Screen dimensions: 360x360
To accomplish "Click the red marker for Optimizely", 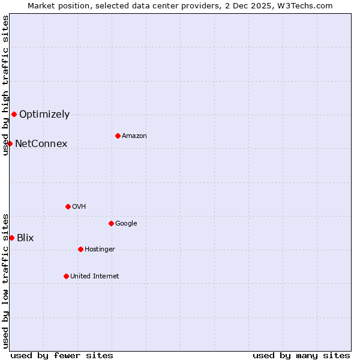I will tap(14, 114).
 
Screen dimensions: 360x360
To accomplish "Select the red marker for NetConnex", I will tap(10, 143).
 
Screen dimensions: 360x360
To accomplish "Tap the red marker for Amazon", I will tap(118, 136).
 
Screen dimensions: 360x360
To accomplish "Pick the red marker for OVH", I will tap(68, 206).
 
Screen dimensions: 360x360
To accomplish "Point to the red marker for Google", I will tap(111, 223).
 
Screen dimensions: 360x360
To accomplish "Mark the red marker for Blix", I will tap(11, 238).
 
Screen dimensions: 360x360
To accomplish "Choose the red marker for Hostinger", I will tap(80, 249).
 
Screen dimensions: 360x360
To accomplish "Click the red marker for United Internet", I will tap(66, 276).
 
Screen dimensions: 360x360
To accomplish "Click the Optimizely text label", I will tap(44, 114).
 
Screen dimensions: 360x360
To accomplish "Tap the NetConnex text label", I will tap(41, 143).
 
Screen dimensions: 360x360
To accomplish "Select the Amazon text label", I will tap(134, 136).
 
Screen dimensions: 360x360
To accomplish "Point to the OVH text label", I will tap(79, 206).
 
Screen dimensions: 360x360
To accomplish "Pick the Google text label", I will tap(126, 223).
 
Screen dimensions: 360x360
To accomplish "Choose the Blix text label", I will tap(25, 238).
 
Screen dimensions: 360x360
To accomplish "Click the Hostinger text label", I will tap(100, 249).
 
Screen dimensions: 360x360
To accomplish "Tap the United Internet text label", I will tap(94, 276).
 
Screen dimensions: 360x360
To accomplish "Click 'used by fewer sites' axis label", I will tap(62, 355).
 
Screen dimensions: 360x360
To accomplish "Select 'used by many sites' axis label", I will tap(301, 355).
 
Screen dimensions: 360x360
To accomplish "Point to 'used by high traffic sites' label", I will tap(5, 85).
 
